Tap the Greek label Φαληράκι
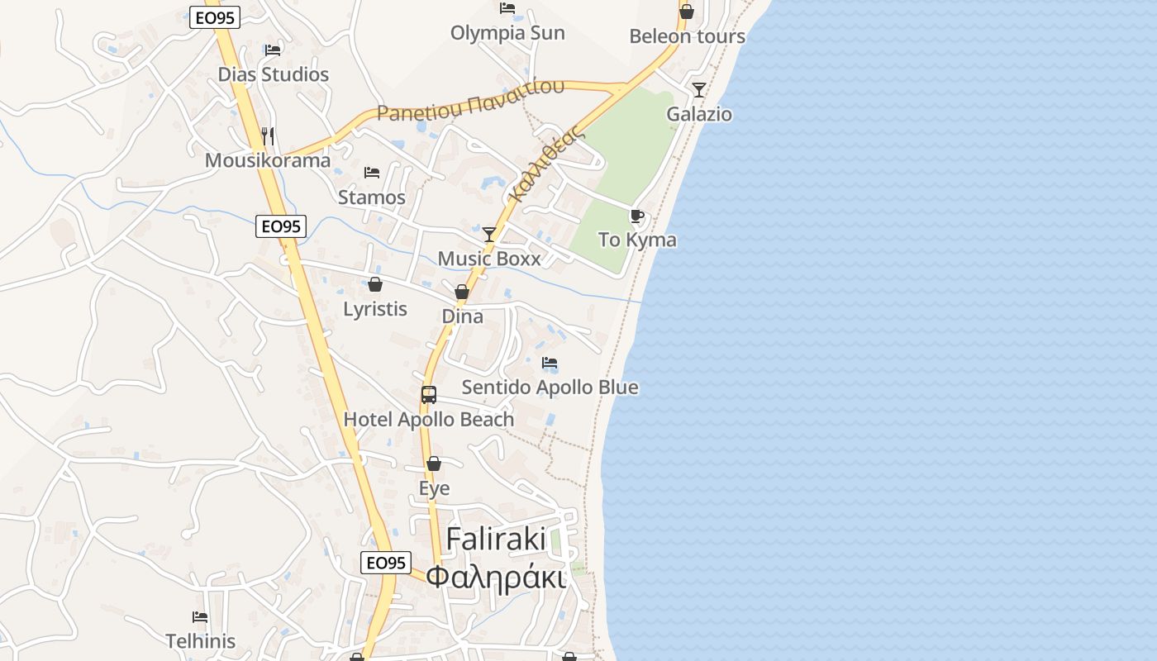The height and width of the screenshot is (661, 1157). pos(496,577)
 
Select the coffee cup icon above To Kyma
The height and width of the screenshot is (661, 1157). pos(637,216)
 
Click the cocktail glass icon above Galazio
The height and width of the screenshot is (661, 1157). pos(699,89)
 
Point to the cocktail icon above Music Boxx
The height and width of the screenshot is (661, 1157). pos(489,235)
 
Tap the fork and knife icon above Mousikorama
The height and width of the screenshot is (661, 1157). pos(268,136)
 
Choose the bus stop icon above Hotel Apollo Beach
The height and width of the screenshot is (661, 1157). pos(429,395)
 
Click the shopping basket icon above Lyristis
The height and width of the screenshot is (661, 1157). pos(375,284)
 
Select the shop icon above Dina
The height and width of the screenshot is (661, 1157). pos(462,292)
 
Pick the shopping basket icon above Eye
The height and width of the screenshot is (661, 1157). pos(434,464)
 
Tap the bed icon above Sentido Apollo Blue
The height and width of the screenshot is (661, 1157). pos(550,363)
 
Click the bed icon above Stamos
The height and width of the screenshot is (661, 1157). pos(372,173)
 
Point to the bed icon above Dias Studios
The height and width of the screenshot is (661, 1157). pos(273,50)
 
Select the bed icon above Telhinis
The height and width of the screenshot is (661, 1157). pos(200,616)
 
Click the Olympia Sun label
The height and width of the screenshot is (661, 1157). pos(507,33)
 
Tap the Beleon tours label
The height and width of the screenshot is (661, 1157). pos(687,36)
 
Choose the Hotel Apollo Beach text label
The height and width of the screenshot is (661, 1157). pos(429,420)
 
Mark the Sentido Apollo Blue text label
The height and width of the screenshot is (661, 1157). pos(550,388)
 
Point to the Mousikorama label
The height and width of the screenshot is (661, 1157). pos(268,160)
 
